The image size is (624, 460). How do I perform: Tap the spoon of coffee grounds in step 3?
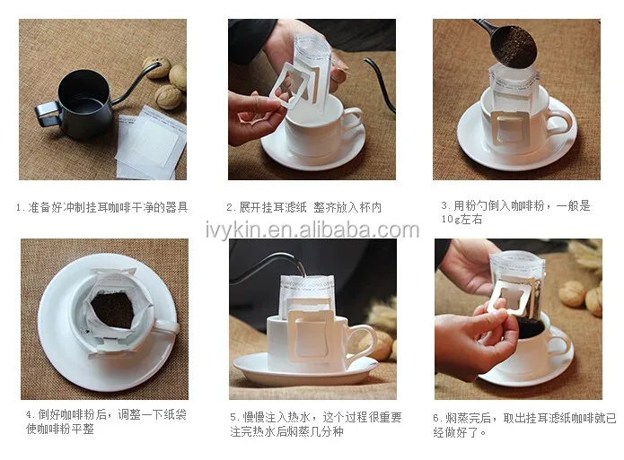[512, 45]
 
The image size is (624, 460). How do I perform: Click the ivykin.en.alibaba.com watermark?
[312, 230]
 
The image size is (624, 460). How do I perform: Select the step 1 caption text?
[101, 207]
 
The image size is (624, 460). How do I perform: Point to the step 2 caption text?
[304, 207]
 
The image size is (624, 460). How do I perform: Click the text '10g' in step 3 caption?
[450, 220]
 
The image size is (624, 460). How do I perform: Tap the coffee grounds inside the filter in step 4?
[112, 309]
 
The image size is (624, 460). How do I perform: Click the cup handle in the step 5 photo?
[362, 341]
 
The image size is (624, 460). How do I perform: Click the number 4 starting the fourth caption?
[29, 415]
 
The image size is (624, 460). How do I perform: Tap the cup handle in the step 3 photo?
[559, 121]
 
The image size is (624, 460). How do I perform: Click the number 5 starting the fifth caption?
[233, 418]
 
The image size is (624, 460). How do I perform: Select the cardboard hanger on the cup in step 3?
[510, 126]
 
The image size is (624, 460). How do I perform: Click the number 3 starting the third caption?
[444, 206]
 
